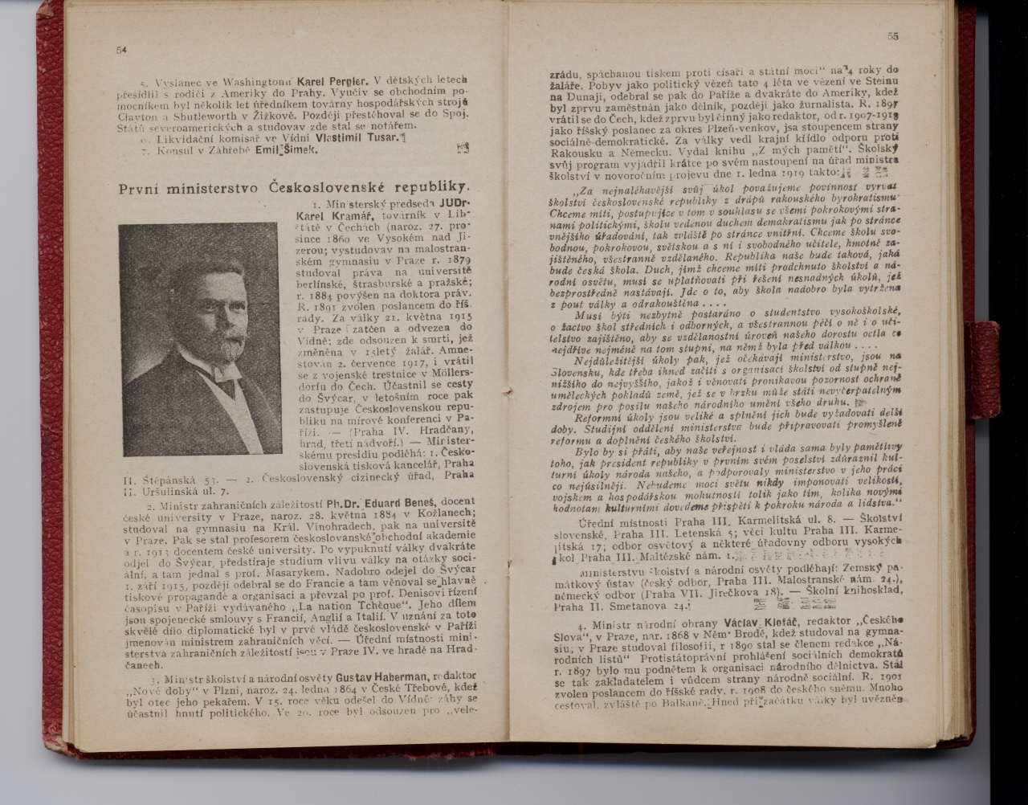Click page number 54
tap(121, 50)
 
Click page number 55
tap(892, 35)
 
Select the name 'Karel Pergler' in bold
tap(332, 81)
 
